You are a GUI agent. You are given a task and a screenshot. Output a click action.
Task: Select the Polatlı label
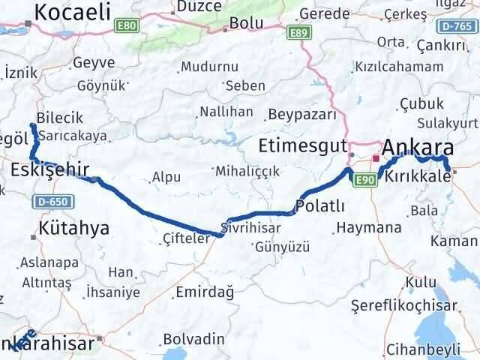tap(320, 205)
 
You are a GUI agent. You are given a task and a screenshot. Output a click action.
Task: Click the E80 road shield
tap(128, 25)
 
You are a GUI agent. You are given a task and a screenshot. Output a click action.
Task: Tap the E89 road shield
tap(298, 32)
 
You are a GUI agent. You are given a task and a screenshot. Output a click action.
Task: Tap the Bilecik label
tap(59, 117)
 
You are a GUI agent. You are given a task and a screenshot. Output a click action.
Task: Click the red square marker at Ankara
tap(376, 158)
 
